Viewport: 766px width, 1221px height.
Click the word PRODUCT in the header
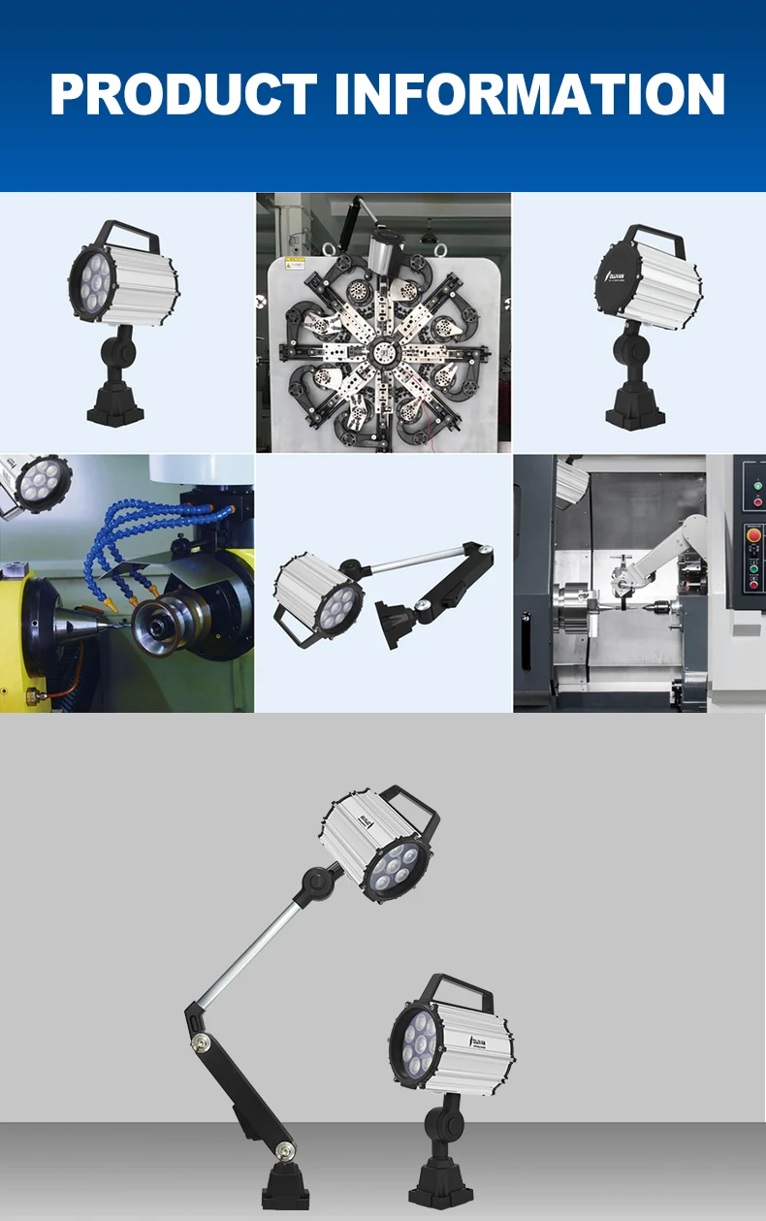[x=183, y=94]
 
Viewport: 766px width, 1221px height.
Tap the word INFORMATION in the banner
[x=530, y=94]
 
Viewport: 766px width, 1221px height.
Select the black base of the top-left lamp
[x=116, y=406]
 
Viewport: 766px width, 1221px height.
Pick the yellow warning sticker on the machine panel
[x=295, y=263]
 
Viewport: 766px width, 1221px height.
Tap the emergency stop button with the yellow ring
[x=753, y=532]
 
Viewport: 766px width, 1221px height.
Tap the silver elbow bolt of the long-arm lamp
[x=202, y=1042]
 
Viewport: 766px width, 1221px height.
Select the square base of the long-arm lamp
[x=286, y=1188]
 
